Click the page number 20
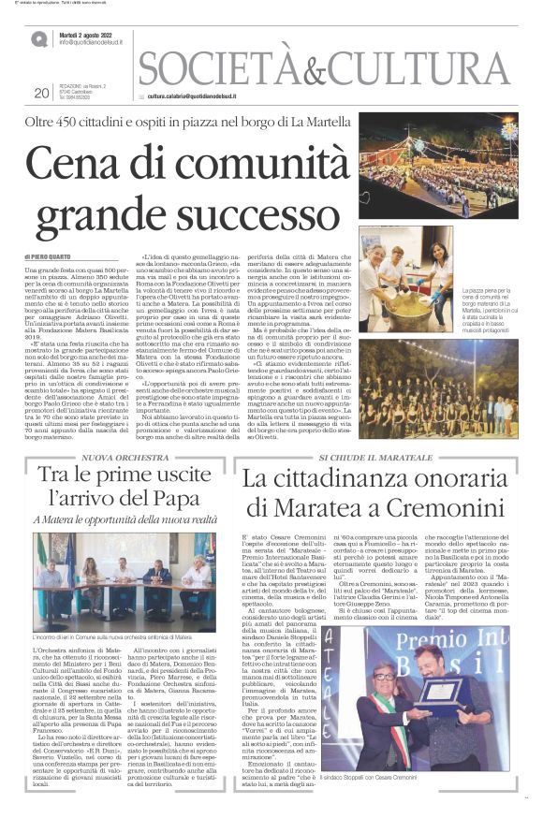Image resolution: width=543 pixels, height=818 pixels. (x=40, y=93)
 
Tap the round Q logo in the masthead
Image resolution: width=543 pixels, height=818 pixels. (x=38, y=39)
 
